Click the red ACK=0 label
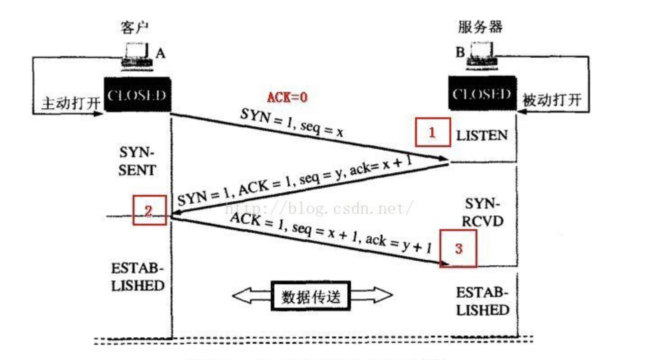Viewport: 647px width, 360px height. (x=287, y=97)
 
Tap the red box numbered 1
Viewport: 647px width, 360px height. (x=432, y=132)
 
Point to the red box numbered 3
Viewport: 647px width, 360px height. (x=458, y=248)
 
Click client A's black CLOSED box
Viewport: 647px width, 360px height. (x=137, y=95)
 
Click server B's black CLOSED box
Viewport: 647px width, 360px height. (x=482, y=94)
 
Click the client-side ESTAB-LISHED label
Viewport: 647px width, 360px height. (x=138, y=277)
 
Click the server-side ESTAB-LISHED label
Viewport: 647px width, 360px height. (x=482, y=301)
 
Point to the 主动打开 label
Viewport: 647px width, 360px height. (x=71, y=103)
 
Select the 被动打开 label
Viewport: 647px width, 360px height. (x=552, y=100)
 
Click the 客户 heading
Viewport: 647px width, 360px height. (x=134, y=28)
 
